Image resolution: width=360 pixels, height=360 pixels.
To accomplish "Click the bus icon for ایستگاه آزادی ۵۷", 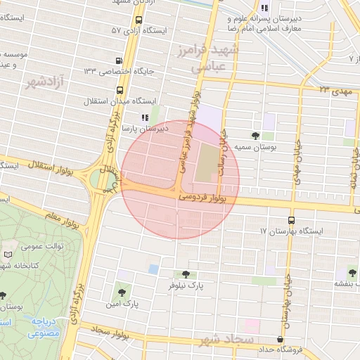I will click(138, 20).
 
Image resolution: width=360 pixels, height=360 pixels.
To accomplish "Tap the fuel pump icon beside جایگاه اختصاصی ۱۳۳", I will click(120, 60).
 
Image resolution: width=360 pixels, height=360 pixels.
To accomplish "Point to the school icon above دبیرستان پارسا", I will click(144, 118).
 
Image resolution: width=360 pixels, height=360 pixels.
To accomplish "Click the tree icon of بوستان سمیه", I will click(255, 136).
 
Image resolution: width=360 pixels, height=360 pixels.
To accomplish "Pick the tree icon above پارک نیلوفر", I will click(186, 274).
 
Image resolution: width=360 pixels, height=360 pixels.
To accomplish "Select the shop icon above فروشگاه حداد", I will click(281, 339).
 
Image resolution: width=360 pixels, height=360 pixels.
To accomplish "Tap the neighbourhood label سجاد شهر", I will click(226, 340).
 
